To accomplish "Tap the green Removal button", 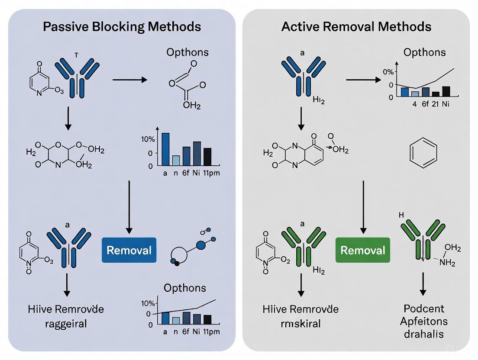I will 362,250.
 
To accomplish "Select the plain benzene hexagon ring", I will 423,153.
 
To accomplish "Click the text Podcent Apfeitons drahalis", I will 423,321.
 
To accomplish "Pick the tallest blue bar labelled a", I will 165,149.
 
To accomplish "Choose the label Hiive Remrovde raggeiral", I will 66,316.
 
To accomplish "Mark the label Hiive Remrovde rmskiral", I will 300,316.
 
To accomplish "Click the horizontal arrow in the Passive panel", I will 129,80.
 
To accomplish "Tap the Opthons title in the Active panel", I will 424,52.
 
